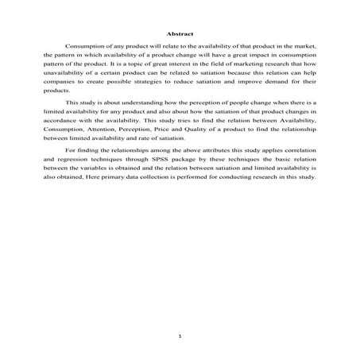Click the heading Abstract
[x=180, y=33]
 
